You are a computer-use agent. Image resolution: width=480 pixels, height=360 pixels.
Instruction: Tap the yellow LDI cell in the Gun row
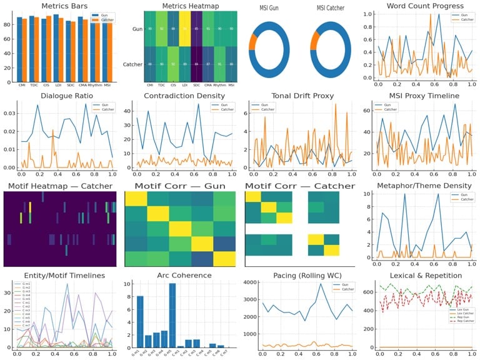click(x=184, y=29)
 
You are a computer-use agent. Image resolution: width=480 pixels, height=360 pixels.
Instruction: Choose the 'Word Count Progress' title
click(x=421, y=6)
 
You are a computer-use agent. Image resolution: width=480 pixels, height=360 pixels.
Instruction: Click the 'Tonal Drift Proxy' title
click(x=301, y=96)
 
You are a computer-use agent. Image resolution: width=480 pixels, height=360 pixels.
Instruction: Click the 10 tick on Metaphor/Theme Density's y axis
click(x=369, y=194)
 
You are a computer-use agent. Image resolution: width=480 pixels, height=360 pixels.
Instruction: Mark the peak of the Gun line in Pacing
click(x=321, y=284)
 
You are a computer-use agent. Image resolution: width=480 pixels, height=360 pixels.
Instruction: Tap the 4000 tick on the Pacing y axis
click(x=248, y=282)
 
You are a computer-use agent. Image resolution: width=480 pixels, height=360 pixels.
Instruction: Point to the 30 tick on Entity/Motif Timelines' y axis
click(x=8, y=292)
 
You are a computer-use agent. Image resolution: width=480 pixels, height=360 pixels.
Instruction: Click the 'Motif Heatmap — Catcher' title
click(x=59, y=186)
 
